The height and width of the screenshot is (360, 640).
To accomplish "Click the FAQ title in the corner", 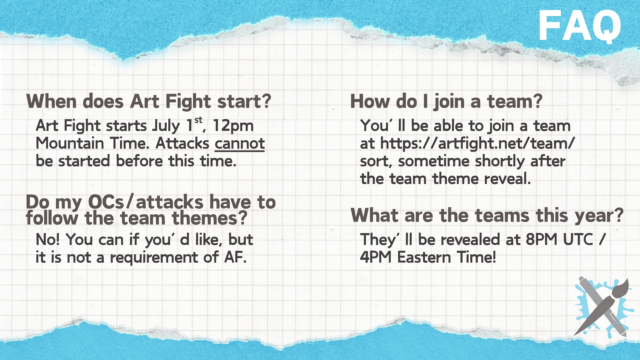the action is [x=580, y=26].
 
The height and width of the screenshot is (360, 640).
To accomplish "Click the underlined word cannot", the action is [x=240, y=144].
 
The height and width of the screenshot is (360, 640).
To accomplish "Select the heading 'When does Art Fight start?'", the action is [x=149, y=101].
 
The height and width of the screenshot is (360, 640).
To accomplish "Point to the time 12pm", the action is [x=233, y=126].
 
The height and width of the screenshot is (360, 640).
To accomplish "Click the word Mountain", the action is [x=70, y=144].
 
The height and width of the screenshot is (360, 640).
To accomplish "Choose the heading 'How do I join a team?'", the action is [x=446, y=101].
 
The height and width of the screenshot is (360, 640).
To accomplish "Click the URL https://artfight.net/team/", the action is [x=478, y=144].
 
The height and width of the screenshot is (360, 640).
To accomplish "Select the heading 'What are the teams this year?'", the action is [x=487, y=215].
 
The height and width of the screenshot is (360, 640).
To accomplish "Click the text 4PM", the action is [x=376, y=257].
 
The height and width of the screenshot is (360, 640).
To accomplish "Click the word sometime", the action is [x=434, y=161].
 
